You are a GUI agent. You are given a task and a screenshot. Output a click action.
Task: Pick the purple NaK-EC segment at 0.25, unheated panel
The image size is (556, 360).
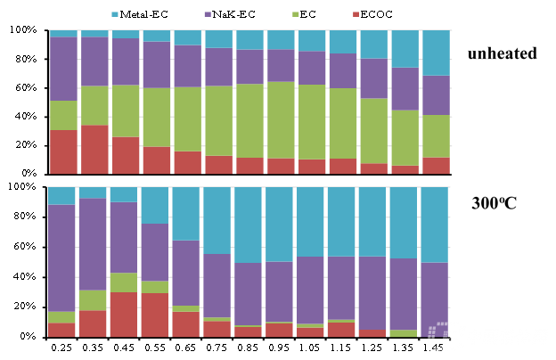tap(62, 69)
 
